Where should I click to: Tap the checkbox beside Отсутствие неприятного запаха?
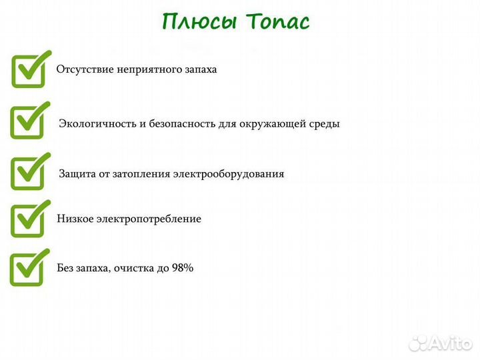[29, 70]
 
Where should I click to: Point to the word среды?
[324, 123]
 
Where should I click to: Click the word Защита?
[76, 174]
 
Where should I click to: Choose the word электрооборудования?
[229, 174]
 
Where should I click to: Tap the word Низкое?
[74, 219]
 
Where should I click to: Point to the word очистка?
[134, 268]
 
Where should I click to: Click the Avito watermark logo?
[441, 343]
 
